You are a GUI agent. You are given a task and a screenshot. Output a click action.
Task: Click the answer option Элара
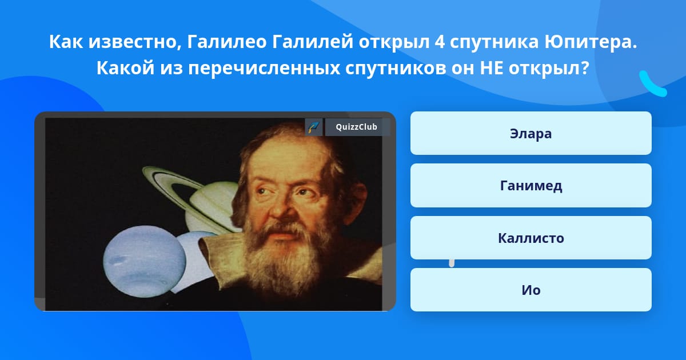click(531, 133)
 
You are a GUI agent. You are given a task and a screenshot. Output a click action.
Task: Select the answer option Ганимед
click(531, 186)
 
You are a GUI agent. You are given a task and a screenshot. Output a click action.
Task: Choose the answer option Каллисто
click(531, 238)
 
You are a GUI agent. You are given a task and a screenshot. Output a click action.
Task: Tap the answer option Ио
click(531, 290)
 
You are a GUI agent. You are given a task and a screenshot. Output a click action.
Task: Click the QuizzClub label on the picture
click(357, 127)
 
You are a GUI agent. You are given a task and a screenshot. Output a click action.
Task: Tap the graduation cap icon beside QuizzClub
click(314, 127)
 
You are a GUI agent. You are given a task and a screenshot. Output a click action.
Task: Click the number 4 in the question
click(440, 42)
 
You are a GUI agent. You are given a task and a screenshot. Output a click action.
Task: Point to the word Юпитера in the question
click(591, 42)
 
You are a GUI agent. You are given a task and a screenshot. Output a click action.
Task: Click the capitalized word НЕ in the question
click(491, 68)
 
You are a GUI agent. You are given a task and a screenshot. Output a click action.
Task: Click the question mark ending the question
click(585, 68)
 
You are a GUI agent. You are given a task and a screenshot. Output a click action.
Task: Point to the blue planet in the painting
click(144, 262)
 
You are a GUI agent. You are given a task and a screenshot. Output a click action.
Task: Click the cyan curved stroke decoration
click(652, 86)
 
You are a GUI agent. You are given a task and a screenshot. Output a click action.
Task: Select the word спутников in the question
click(396, 69)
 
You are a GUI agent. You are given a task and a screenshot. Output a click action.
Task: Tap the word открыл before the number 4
click(394, 42)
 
